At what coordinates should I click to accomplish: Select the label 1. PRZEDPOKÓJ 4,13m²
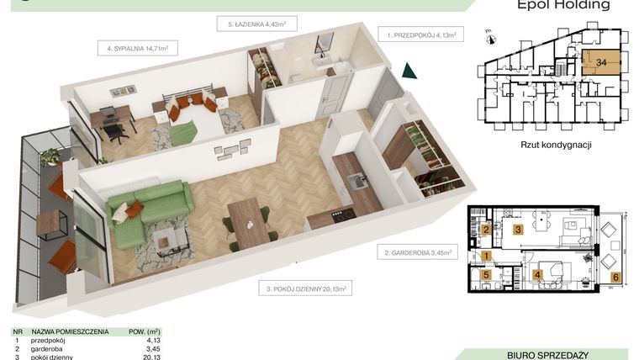[420, 34]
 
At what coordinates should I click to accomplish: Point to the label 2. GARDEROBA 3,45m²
[419, 251]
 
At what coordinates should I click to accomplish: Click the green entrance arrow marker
[409, 71]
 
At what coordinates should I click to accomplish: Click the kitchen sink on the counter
[356, 178]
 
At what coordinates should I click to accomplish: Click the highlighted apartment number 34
[601, 62]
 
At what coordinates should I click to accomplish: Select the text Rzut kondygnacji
[557, 145]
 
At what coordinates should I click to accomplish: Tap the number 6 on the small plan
[615, 277]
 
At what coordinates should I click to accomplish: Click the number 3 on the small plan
[519, 230]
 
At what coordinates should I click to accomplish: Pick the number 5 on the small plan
[486, 274]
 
